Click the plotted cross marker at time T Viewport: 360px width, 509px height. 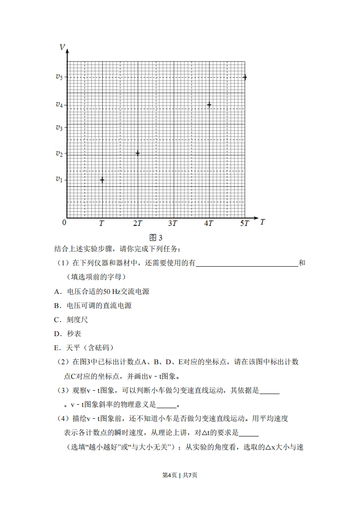pyautogui.click(x=102, y=180)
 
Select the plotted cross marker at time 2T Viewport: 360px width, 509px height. pyautogui.click(x=138, y=153)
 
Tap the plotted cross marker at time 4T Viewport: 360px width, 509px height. pyautogui.click(x=209, y=105)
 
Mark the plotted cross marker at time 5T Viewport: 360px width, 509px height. pyautogui.click(x=245, y=78)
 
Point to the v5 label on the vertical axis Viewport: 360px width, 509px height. pyautogui.click(x=59, y=77)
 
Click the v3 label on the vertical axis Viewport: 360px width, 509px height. pyautogui.click(x=59, y=127)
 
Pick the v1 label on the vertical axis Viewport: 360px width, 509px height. pyautogui.click(x=59, y=180)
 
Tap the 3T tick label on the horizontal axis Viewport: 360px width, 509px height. pyautogui.click(x=173, y=223)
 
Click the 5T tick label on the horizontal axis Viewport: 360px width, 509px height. pyautogui.click(x=245, y=223)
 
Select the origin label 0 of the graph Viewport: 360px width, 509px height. pyautogui.click(x=64, y=222)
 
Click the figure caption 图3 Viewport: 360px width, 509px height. pyautogui.click(x=156, y=237)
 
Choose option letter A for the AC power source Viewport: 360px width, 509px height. pyautogui.click(x=56, y=292)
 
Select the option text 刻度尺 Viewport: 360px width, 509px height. pyautogui.click(x=77, y=320)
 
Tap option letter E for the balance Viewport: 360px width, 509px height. pyautogui.click(x=56, y=348)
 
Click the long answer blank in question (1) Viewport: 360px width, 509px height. pyautogui.click(x=247, y=263)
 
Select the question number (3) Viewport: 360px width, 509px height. pyautogui.click(x=63, y=390)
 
